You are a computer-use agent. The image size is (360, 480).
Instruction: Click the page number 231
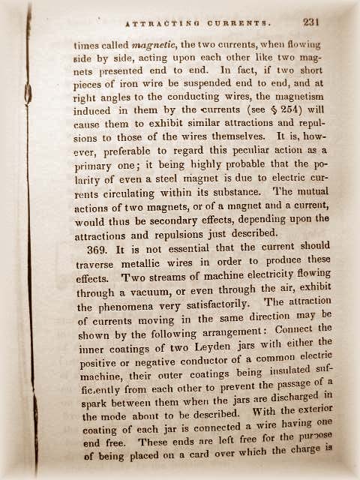[x=311, y=22]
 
